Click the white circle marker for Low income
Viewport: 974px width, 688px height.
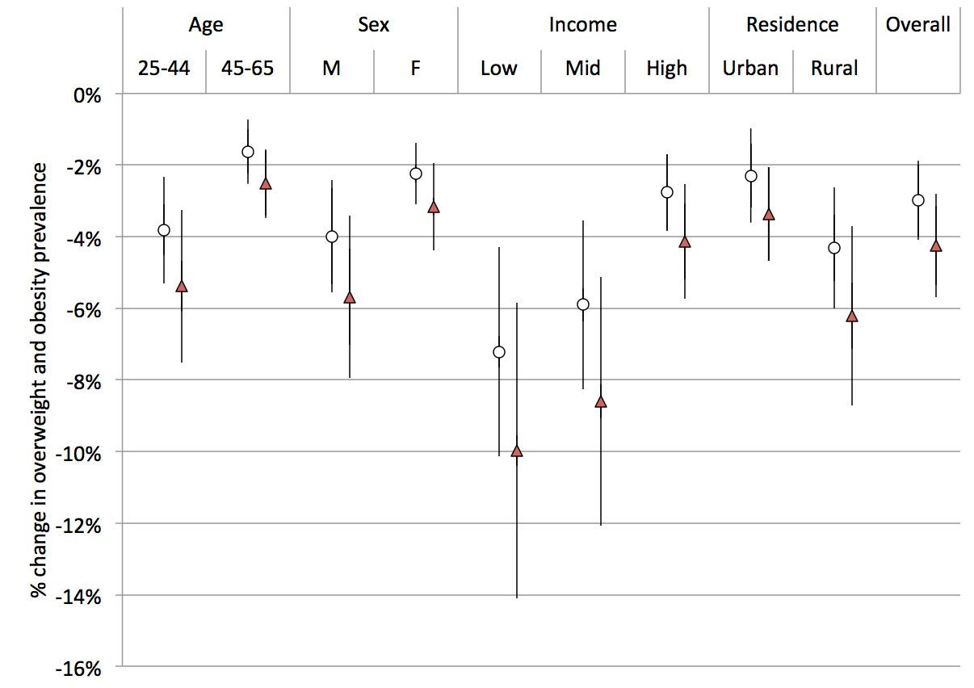pyautogui.click(x=499, y=352)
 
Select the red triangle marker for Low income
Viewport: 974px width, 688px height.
pyautogui.click(x=517, y=451)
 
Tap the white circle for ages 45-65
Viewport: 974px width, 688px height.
pyautogui.click(x=248, y=152)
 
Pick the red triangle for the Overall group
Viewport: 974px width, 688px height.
pyautogui.click(x=936, y=246)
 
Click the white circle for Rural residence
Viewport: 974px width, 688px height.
pyautogui.click(x=834, y=248)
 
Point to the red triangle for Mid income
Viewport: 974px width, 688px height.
pyautogui.click(x=600, y=402)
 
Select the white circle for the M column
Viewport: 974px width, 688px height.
pyautogui.click(x=331, y=237)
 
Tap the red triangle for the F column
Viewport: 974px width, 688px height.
pyautogui.click(x=434, y=208)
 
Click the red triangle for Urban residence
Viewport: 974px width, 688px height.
pyautogui.click(x=769, y=215)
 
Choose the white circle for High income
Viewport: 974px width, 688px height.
pyautogui.click(x=667, y=192)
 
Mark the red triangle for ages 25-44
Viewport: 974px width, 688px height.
pyautogui.click(x=182, y=287)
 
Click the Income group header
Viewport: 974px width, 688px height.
pyautogui.click(x=582, y=25)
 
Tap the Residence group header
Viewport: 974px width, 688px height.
pyautogui.click(x=792, y=25)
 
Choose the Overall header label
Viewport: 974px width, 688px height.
pyautogui.click(x=918, y=25)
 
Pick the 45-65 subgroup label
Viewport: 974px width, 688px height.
pyautogui.click(x=247, y=68)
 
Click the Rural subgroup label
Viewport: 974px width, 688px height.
pyautogui.click(x=834, y=68)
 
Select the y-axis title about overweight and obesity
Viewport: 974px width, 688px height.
pyautogui.click(x=39, y=380)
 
